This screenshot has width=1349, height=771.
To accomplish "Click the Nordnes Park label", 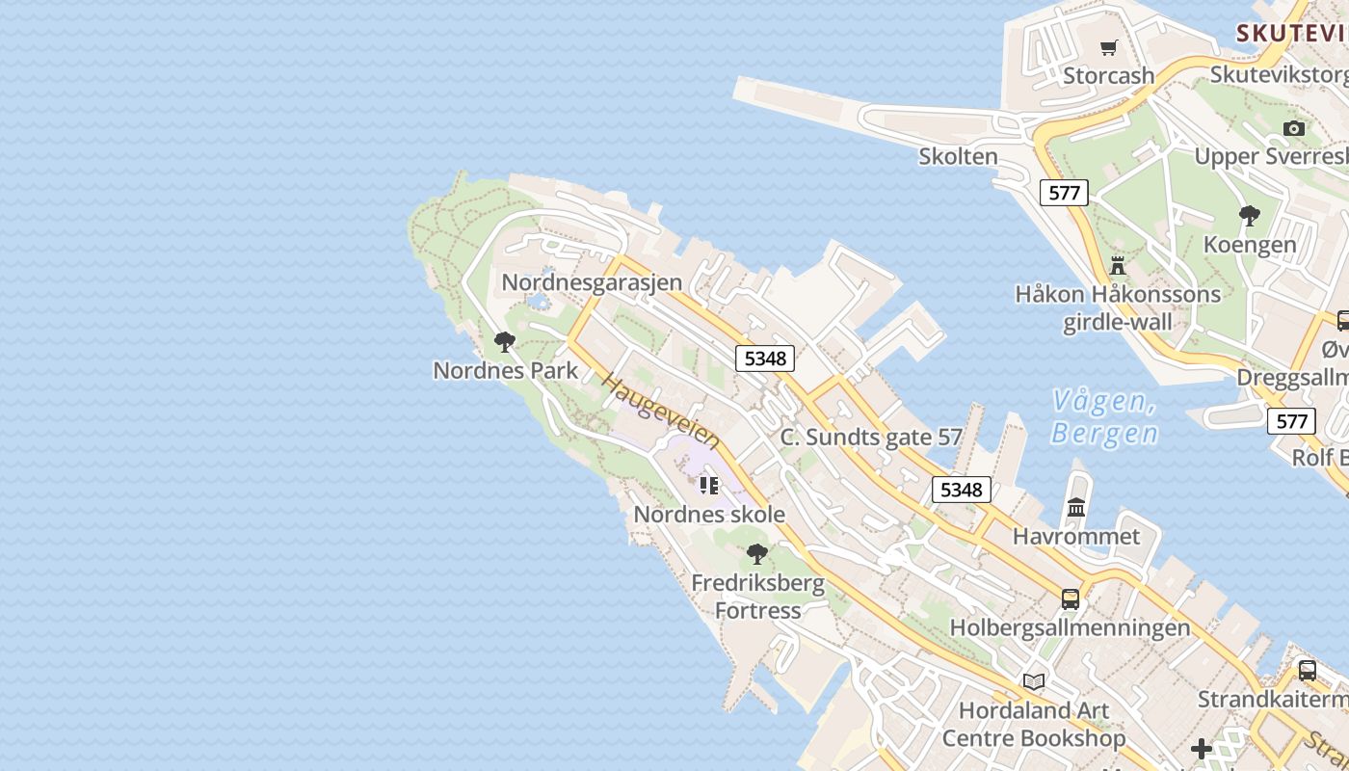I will click(506, 370).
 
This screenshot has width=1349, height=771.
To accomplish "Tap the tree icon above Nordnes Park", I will click(504, 341).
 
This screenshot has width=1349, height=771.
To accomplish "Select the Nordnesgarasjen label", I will click(592, 282).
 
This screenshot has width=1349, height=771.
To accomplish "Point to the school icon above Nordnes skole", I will click(709, 485).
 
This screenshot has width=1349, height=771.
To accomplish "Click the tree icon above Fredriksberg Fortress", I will click(757, 553).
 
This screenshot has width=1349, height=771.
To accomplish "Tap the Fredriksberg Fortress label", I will click(758, 597).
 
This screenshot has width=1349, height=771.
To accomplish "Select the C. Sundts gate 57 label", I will click(871, 437).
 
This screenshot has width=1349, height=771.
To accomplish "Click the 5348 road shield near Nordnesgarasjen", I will click(766, 359).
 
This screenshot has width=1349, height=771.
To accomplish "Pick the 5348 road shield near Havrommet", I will click(962, 490).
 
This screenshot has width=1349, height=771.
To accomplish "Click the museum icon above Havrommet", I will click(1076, 507).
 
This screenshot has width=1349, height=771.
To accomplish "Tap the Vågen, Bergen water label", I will click(1103, 416).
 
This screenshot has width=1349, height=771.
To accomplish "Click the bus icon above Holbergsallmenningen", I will click(1071, 598).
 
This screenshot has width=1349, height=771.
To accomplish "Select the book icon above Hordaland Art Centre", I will click(1034, 681).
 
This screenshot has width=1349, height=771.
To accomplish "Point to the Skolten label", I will click(958, 156).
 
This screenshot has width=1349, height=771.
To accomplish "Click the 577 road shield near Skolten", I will click(1064, 193).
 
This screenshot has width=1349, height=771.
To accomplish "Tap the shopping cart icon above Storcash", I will click(1109, 47).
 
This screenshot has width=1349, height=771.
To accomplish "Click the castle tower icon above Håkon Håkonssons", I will click(1118, 265).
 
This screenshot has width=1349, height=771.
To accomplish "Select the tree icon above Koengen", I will click(1250, 215).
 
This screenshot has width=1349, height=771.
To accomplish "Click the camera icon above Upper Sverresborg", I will click(1294, 128).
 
